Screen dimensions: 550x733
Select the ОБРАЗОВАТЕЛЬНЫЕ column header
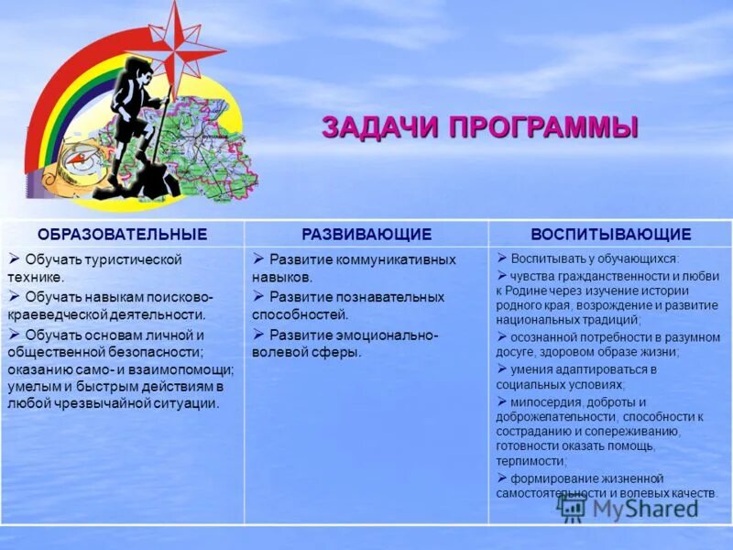click(122, 234)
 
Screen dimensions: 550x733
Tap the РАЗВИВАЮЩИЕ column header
click(366, 234)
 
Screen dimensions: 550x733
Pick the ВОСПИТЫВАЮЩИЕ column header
click(610, 234)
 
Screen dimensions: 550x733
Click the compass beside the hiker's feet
click(75, 166)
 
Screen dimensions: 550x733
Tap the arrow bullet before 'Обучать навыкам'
click(15, 295)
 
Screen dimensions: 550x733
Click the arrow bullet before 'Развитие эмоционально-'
click(259, 333)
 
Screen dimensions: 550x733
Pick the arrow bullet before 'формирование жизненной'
click(502, 477)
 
